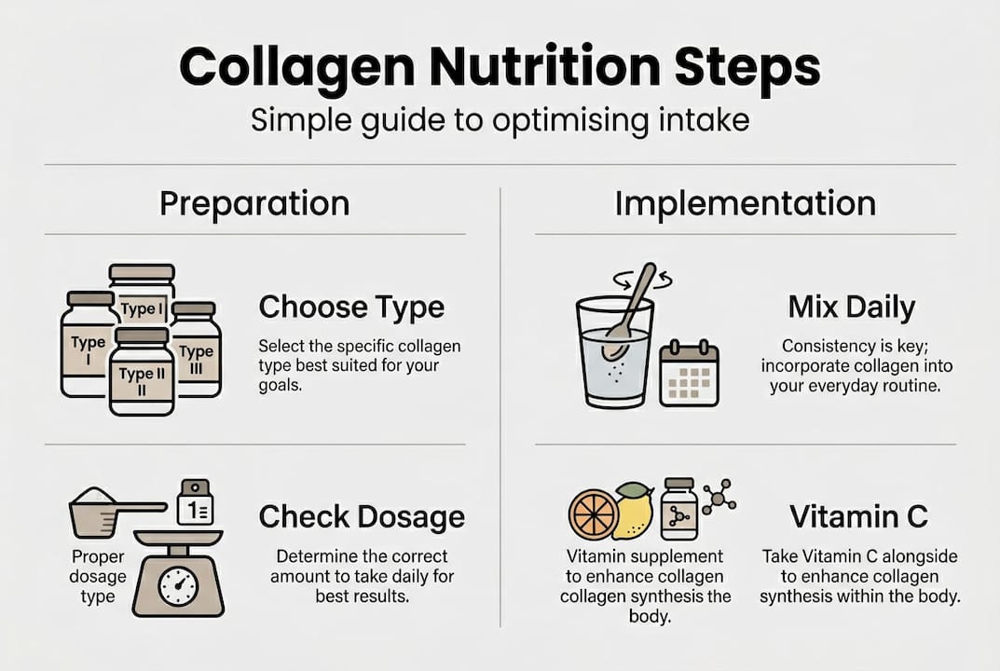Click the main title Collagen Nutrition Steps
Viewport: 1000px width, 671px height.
pos(500,68)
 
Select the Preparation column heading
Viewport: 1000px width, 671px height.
pos(254,203)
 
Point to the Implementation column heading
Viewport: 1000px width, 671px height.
pos(745,203)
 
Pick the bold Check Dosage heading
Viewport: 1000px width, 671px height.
pos(362,516)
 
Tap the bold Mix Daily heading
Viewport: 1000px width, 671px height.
pos(851,307)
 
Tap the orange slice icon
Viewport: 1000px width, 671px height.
pos(593,513)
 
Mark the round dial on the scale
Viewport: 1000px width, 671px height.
pos(177,586)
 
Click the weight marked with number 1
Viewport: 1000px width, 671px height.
pos(195,504)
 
